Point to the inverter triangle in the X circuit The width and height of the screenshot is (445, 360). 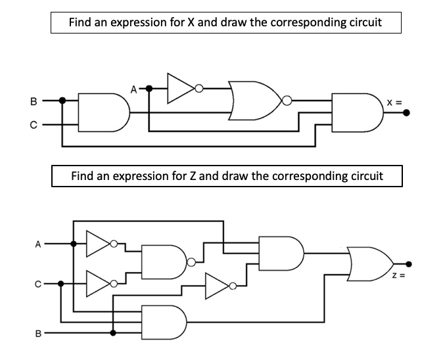click(x=181, y=87)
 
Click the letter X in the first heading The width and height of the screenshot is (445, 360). click(x=192, y=22)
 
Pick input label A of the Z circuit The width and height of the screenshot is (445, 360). click(x=38, y=244)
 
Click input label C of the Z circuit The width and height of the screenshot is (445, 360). click(x=38, y=284)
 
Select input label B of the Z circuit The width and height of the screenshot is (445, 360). click(x=38, y=334)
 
